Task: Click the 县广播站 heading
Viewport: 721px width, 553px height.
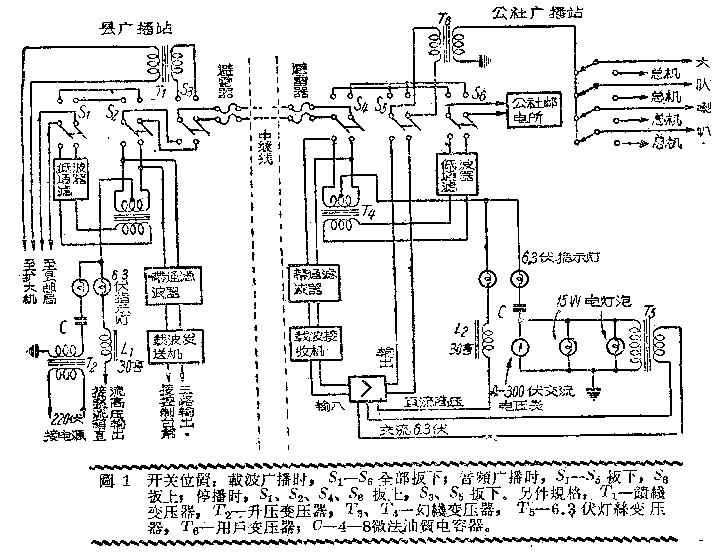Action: [134, 29]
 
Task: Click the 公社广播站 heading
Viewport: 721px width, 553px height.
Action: [538, 12]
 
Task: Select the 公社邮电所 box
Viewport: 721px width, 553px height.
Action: [535, 111]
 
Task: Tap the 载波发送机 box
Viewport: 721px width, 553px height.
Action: [174, 346]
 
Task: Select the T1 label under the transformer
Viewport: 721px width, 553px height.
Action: [158, 92]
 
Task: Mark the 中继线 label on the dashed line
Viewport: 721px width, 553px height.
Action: [265, 147]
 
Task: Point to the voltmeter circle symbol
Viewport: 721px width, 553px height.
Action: [520, 348]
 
